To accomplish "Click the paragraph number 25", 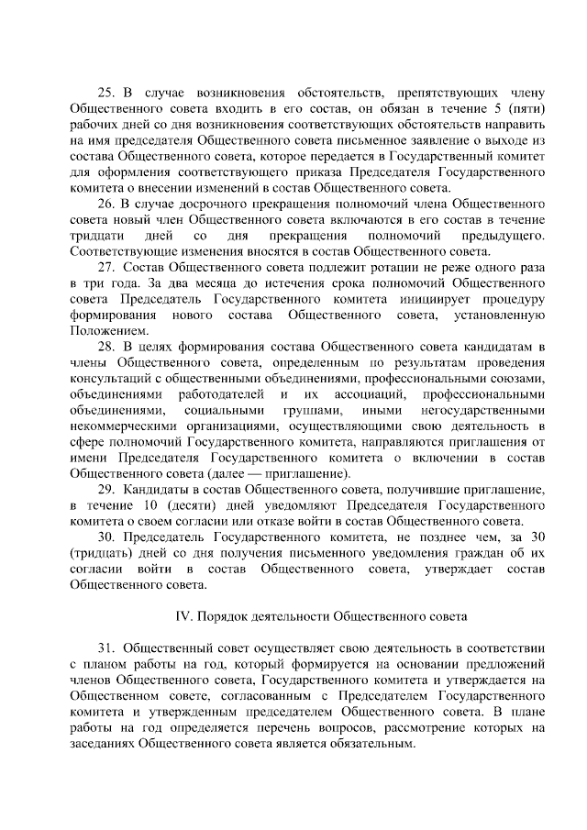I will [105, 93].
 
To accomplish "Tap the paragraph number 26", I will [105, 203].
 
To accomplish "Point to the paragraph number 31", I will [105, 647].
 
